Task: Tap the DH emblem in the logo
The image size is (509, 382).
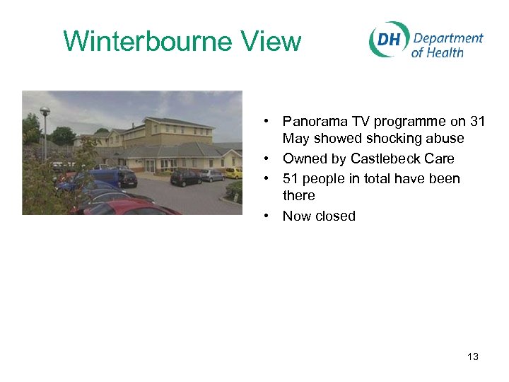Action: pyautogui.click(x=387, y=40)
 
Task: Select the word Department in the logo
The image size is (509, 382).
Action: pyautogui.click(x=447, y=37)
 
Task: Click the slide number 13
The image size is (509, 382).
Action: pyautogui.click(x=472, y=357)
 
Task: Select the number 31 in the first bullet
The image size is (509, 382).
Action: pyautogui.click(x=476, y=122)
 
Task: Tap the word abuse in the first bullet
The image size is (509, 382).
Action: pyautogui.click(x=445, y=139)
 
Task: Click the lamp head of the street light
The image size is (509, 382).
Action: pyautogui.click(x=45, y=111)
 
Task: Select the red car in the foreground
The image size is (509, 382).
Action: pyautogui.click(x=127, y=207)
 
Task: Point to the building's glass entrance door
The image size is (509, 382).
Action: pyautogui.click(x=150, y=166)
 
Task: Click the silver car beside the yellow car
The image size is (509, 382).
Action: pyautogui.click(x=211, y=175)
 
